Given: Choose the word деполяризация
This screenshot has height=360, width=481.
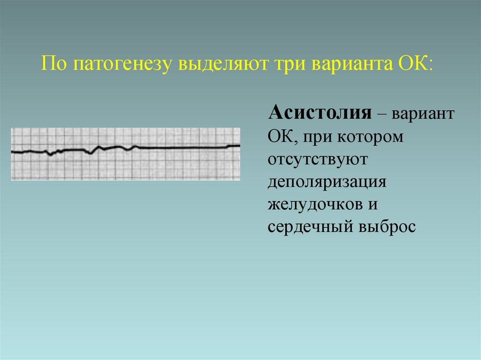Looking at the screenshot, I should click(x=327, y=183).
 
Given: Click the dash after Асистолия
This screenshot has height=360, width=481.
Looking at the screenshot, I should click(x=377, y=114).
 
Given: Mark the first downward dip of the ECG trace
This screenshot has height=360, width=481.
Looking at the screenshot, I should click(x=50, y=154).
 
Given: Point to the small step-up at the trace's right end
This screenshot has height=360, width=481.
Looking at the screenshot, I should click(x=228, y=146).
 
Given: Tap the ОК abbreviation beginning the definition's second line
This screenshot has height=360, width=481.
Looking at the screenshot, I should click(x=279, y=137).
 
